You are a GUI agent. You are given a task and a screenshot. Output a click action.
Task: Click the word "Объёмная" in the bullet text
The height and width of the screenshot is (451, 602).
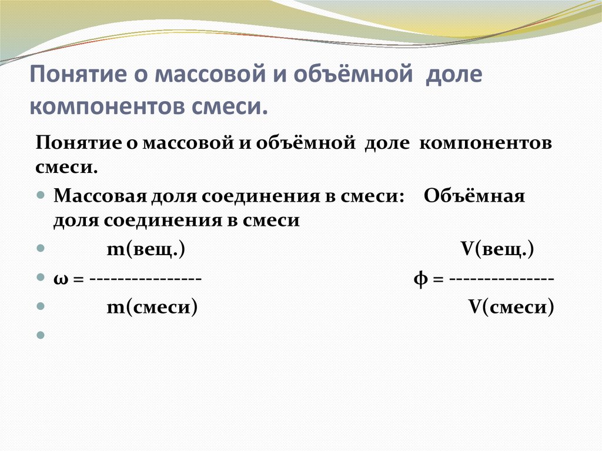coord(474,196)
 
